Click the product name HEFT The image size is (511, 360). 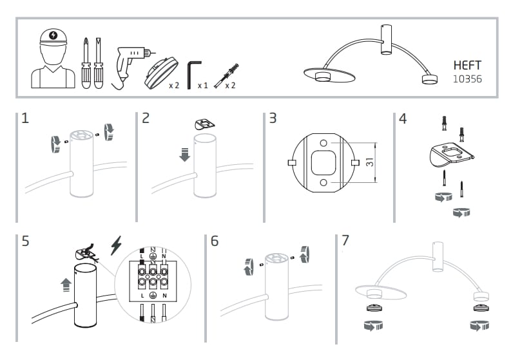pos(467,66)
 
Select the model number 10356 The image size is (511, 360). pos(467,79)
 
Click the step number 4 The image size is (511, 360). pos(403,119)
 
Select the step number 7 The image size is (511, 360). pos(345,241)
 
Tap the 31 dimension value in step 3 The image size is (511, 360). pos(370,162)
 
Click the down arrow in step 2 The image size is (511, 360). pos(185,155)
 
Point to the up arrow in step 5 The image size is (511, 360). pos(65,283)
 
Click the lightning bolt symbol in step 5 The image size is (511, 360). pos(117,245)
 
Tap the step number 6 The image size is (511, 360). pos(215,241)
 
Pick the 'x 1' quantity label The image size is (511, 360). pos(202,85)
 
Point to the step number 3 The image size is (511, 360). pos(273,118)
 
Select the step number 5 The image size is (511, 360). pos(25,241)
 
